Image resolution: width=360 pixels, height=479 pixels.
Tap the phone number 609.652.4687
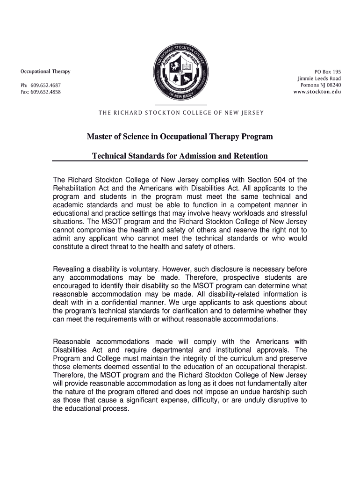[46, 85]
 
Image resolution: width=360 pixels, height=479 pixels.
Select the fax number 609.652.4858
[46, 92]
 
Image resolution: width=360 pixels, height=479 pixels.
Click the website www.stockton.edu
[317, 92]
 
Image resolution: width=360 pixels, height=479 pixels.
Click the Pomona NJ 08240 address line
[321, 85]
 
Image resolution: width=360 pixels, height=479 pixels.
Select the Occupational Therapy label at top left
[45, 72]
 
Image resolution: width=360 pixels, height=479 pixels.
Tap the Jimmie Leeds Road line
[319, 79]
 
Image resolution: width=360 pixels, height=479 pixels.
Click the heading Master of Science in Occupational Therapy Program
[180, 137]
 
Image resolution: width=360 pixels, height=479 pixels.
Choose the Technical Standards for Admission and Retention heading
[180, 156]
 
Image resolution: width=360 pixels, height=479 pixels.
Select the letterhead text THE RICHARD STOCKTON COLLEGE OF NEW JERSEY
[180, 113]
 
